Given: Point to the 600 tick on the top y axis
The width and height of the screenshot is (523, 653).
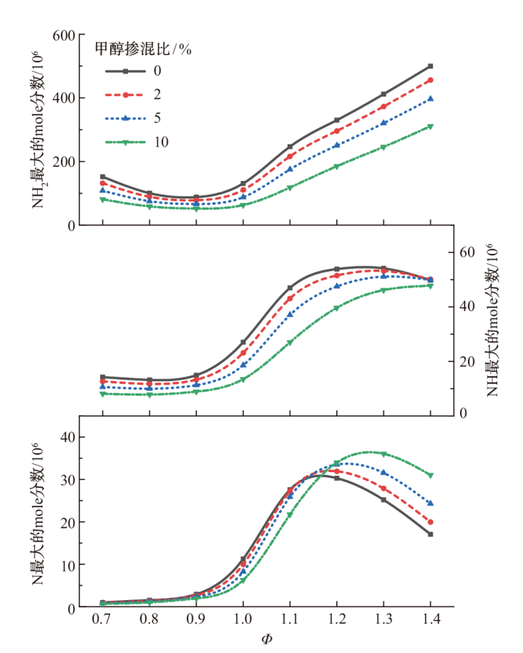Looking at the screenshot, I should (64, 35).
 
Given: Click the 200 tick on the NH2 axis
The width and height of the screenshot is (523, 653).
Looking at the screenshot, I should (64, 162).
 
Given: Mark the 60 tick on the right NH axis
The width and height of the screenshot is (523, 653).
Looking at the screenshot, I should (468, 252).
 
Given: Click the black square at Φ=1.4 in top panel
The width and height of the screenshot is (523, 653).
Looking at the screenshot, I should (431, 66).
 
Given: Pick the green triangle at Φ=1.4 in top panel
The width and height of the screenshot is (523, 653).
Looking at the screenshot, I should (431, 127).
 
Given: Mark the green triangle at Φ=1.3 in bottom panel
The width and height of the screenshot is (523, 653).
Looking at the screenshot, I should (383, 454).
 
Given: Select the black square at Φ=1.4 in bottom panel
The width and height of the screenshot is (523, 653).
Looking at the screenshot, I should (431, 534).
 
